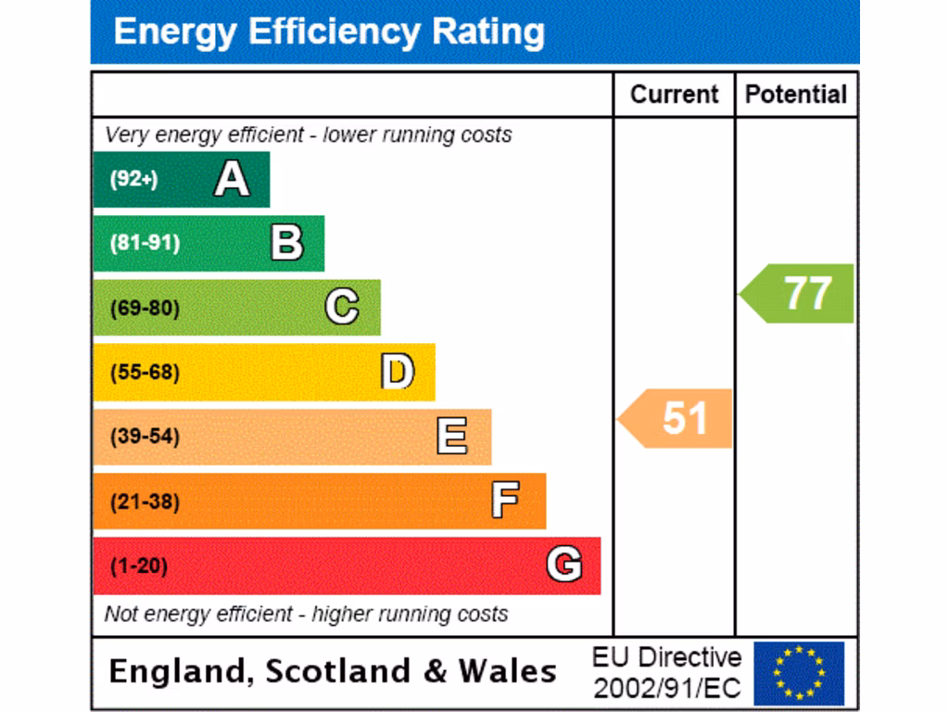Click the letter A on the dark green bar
pos(232,179)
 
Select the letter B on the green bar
pos(286,243)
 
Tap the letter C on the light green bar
pos(342,307)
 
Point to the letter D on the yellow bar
pos(397,372)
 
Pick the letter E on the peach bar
pos(451,436)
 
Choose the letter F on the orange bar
pos(505,501)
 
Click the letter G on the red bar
pos(563,565)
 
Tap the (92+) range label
pos(133,179)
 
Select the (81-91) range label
pos(145,244)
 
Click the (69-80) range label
pos(145,308)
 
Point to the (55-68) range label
pos(145,373)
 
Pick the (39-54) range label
pos(145,437)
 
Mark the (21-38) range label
pos(145,502)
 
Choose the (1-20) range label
pos(139,566)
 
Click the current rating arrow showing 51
pos(677,418)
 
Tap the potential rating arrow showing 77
pos(799,293)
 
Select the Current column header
pos(674,95)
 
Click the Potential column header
pos(796,95)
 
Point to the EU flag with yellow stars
pos(798,673)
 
